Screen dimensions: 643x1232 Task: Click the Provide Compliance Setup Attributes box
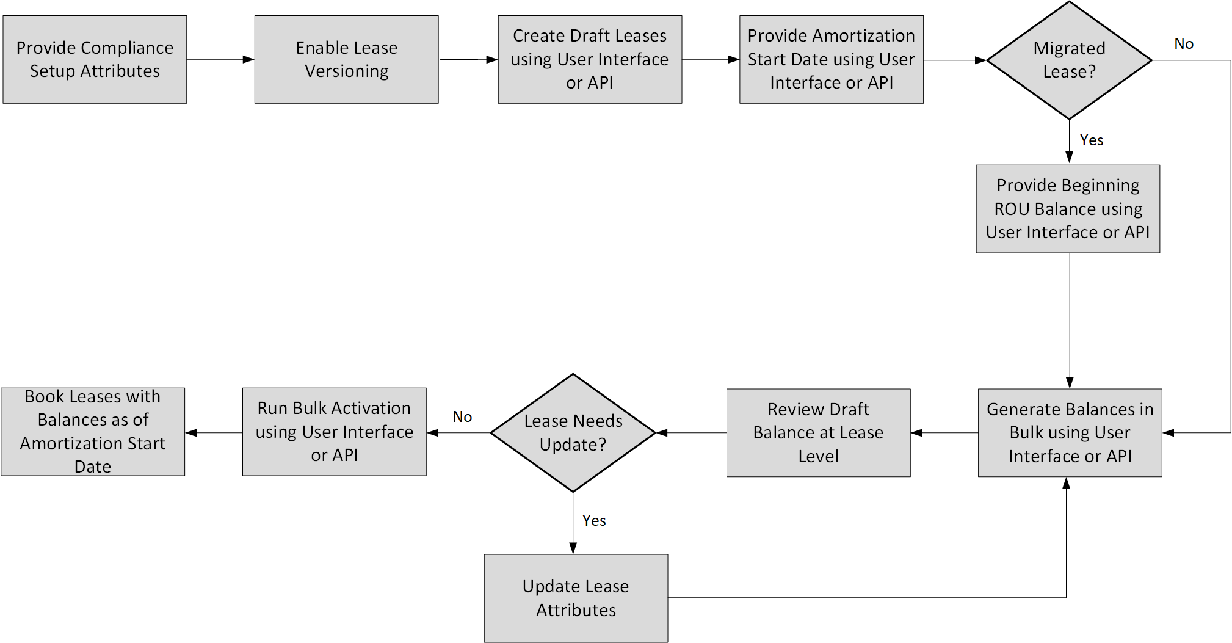[x=95, y=59]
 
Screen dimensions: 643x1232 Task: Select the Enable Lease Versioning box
[x=346, y=59]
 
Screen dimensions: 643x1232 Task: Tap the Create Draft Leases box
[x=590, y=59]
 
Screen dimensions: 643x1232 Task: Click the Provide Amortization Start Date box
[x=831, y=59]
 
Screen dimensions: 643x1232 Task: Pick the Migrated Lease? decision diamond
[x=1069, y=60]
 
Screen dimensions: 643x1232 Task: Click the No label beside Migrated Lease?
[x=1183, y=44]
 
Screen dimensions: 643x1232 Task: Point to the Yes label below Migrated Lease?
[x=1091, y=140]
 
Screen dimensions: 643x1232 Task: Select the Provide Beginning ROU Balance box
[x=1068, y=209]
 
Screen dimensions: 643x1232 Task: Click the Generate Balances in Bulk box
[x=1070, y=432]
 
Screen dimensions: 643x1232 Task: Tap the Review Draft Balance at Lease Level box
[x=818, y=432]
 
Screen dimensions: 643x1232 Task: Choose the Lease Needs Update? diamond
[x=573, y=432]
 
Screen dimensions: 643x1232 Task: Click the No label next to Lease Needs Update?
[x=462, y=417]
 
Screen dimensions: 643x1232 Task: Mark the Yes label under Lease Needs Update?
[x=593, y=521]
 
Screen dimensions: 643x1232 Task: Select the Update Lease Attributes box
[x=576, y=598]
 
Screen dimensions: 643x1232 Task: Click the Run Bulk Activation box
[x=334, y=432]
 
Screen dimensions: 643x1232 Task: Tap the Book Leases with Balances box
[x=93, y=432]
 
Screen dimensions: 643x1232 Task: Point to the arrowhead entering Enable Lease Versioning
[x=248, y=59]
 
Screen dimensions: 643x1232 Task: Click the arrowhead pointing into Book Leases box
[x=191, y=432]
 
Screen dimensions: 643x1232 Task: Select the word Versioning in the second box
[x=346, y=71]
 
